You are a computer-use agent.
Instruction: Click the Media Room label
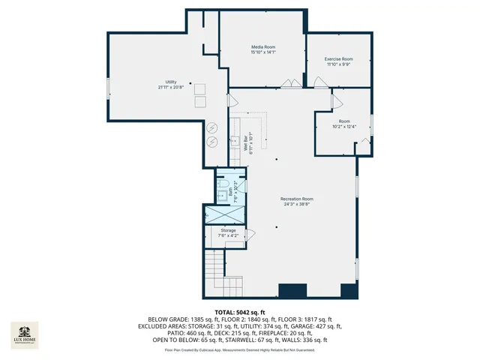tap(263, 46)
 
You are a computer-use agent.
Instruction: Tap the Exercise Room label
tap(338, 58)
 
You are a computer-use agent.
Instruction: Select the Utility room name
tap(171, 82)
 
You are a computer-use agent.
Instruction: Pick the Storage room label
tap(228, 229)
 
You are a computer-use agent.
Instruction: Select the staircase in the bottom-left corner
tap(214, 266)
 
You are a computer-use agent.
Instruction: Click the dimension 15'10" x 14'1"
tap(263, 52)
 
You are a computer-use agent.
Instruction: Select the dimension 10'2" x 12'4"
tap(344, 127)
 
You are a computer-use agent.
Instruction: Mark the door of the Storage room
tap(250, 235)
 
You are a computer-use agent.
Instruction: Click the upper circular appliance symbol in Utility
tap(212, 126)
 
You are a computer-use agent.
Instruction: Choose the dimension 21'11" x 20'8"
tap(171, 87)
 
